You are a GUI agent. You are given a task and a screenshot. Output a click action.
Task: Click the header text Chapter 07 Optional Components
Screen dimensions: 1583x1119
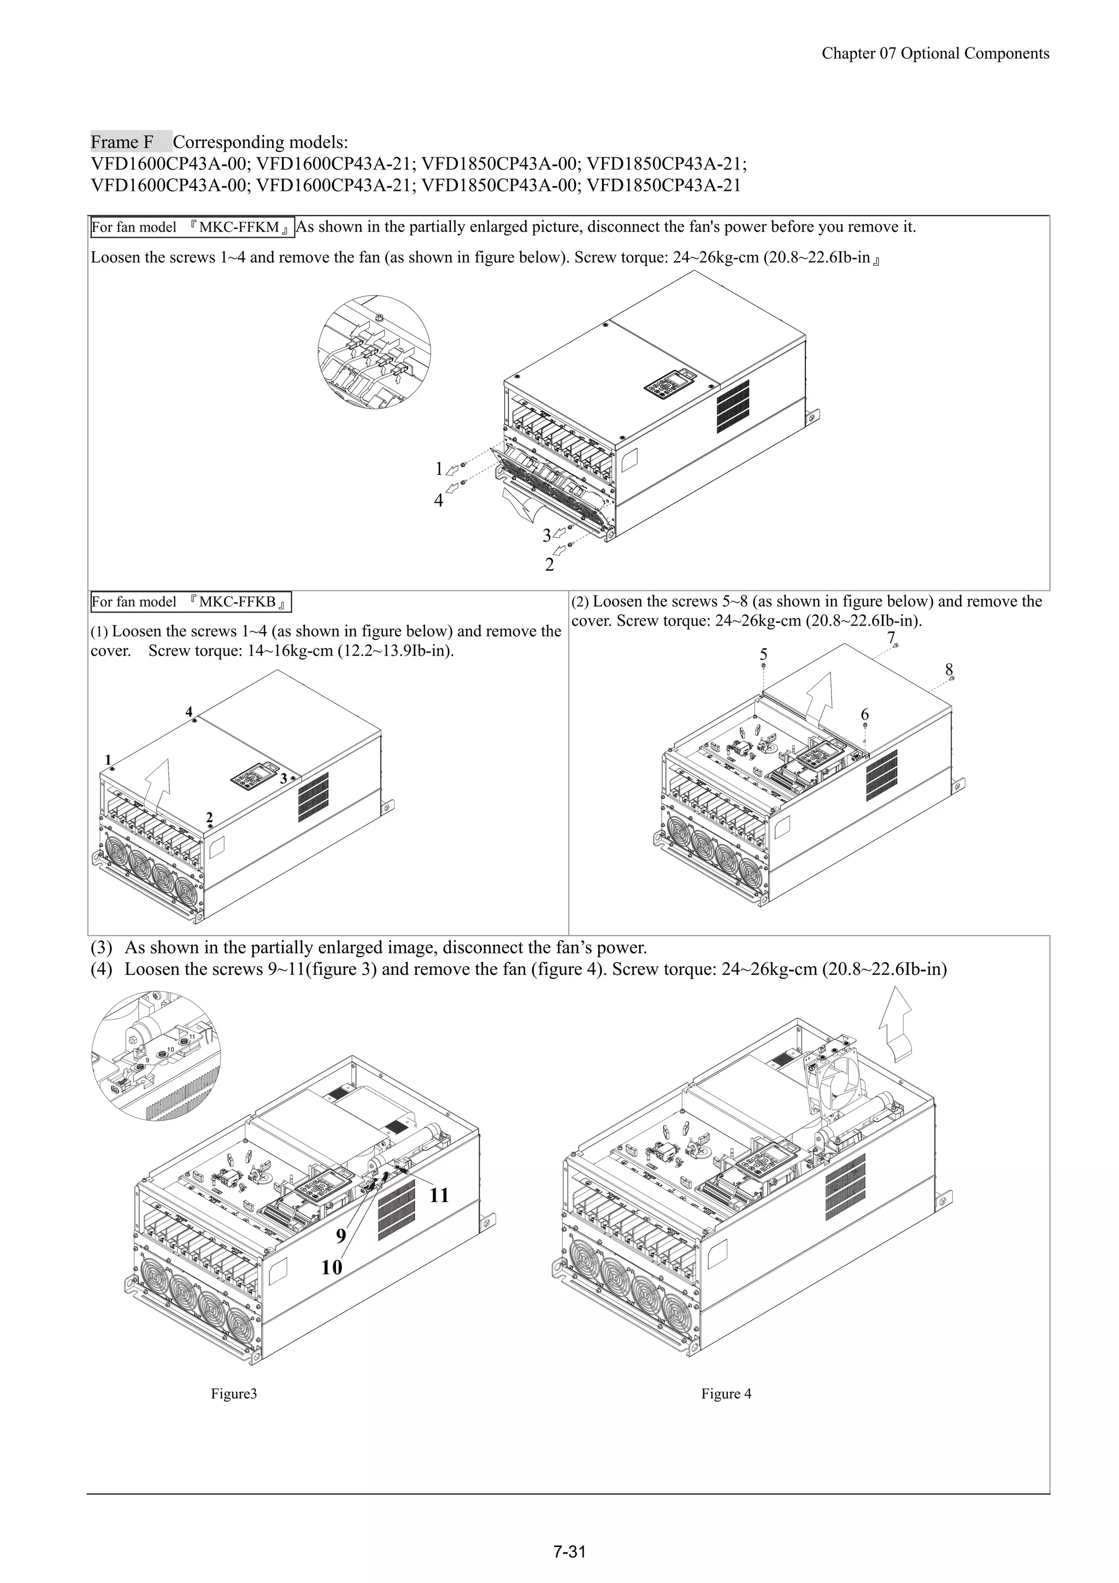935,54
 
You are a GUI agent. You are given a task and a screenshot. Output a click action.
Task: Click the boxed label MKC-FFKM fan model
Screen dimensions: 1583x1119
192,227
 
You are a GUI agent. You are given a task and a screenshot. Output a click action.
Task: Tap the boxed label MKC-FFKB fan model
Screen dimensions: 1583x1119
191,602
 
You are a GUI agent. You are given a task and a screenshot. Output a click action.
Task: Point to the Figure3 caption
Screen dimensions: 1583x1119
234,1393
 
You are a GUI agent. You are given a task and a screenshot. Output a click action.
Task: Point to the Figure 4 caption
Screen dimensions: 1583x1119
726,1393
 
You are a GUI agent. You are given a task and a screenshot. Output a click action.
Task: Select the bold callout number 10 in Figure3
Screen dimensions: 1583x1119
332,1267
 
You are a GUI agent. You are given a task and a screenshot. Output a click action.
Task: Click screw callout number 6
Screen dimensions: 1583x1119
864,714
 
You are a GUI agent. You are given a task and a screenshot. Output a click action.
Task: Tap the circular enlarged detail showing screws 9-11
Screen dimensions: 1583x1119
156,1056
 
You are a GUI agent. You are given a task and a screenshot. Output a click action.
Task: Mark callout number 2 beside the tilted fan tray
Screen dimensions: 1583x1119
549,564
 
